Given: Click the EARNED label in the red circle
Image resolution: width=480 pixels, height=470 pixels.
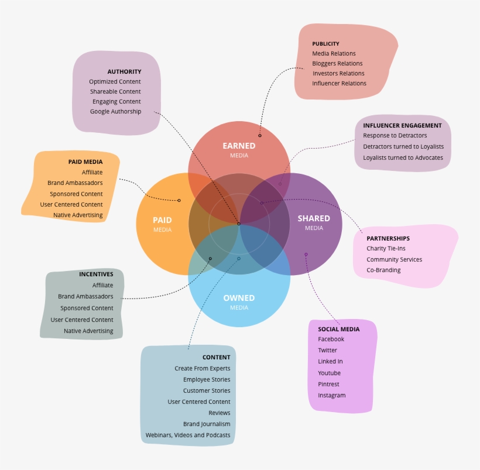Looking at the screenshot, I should pos(239,146).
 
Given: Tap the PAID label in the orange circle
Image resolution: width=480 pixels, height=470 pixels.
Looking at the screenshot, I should pos(162,220).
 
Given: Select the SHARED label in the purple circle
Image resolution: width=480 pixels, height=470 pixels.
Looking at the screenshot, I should pos(314,218).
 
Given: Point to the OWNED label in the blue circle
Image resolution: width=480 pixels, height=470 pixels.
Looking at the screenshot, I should pos(239,298).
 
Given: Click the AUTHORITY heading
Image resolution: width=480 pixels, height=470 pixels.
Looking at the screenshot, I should pos(124,71).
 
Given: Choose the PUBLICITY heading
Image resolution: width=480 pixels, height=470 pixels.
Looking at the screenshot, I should pos(325,44).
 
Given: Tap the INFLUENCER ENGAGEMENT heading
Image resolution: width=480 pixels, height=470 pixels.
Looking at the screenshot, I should pos(402,125).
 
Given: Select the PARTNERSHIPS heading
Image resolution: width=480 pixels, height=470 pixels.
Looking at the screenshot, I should pos(388,238).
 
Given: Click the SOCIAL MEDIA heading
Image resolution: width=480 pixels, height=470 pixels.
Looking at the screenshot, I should pos(339,329).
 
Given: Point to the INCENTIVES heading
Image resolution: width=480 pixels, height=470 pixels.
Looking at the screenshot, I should pos(96,274).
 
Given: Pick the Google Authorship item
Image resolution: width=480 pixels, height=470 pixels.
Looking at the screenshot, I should pos(115,111).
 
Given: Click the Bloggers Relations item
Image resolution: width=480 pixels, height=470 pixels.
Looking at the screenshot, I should pos(337,63).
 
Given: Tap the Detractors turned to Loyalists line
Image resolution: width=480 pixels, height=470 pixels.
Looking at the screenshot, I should pos(403,146).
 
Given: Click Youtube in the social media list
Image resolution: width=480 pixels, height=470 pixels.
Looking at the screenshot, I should pos(329,373).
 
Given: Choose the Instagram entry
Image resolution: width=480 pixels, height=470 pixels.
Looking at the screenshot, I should pos(332,395).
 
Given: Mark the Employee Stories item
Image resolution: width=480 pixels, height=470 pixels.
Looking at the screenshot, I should pos(207,379).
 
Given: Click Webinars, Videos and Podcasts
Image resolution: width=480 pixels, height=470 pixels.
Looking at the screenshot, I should pos(188,435).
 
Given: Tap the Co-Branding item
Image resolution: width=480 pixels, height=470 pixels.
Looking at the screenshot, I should pos(383,270).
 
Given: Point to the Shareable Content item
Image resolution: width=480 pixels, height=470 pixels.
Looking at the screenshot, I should pos(115,91).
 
